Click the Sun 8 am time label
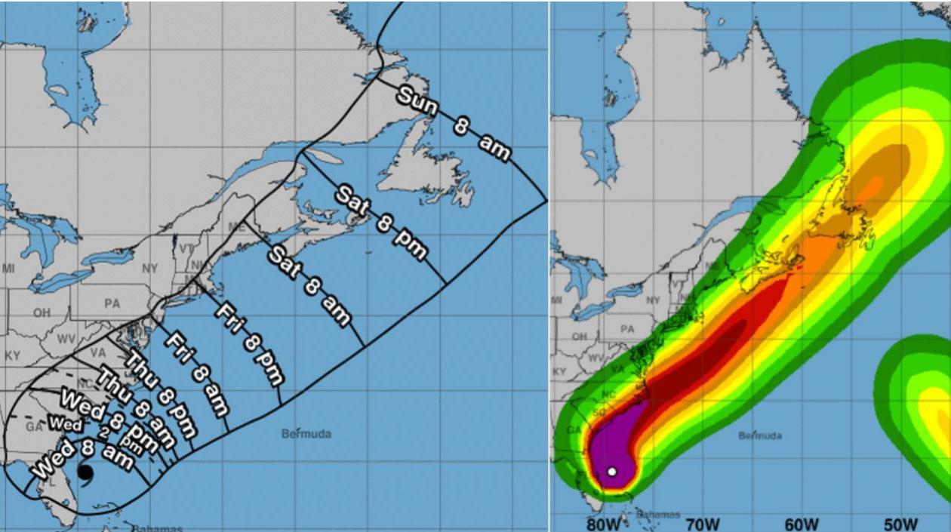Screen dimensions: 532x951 454,124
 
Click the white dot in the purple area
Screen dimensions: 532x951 612,472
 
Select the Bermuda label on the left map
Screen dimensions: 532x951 306,434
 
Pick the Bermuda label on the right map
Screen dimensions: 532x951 760,435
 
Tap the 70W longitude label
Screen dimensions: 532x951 703,524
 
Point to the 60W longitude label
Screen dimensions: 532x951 802,524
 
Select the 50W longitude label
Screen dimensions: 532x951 900,524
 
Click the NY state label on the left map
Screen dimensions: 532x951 150,268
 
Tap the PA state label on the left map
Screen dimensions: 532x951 112,304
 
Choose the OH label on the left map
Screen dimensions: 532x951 42,313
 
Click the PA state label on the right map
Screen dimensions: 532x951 627,329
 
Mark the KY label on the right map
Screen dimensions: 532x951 559,372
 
